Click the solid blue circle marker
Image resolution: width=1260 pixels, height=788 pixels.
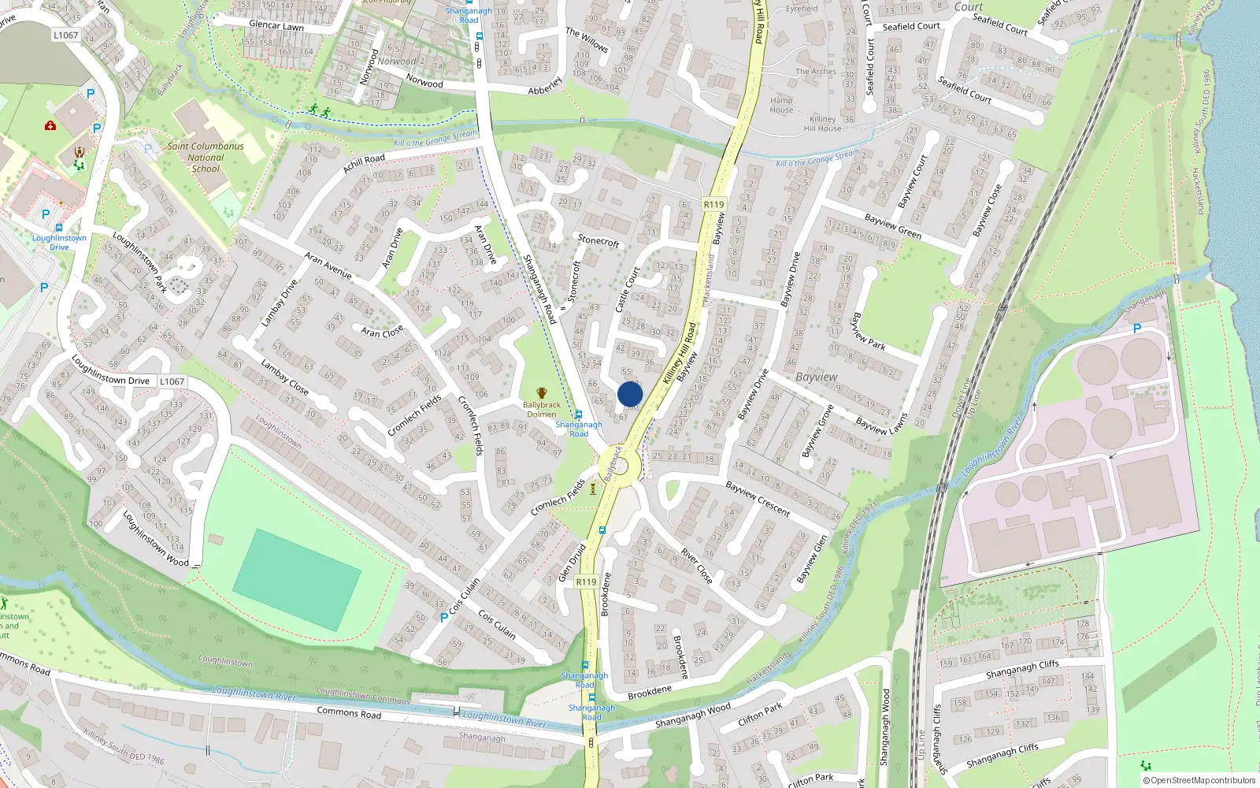click(630, 394)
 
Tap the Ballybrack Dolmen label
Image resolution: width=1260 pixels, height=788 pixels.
click(542, 409)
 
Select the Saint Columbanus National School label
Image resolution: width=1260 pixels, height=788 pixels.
click(206, 157)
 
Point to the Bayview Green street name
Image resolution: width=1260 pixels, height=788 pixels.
click(893, 226)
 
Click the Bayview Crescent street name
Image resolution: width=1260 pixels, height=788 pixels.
click(758, 499)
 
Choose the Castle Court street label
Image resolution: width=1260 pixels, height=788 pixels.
click(628, 289)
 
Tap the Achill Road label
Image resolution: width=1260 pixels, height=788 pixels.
click(364, 163)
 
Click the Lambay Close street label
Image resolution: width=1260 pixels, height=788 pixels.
click(284, 377)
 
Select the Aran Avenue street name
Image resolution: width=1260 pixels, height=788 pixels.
click(328, 266)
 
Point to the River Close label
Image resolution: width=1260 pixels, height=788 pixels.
click(697, 566)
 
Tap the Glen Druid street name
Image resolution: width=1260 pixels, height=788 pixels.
click(572, 563)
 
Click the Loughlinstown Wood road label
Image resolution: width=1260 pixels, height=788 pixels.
click(156, 538)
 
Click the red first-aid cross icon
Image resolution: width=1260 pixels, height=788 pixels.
click(50, 125)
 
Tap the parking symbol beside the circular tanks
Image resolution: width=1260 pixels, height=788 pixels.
click(1136, 329)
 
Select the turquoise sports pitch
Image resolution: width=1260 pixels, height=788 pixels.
click(298, 579)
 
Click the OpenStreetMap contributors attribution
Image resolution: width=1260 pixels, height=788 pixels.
click(1199, 780)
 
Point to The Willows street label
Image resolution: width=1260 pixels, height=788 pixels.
click(587, 39)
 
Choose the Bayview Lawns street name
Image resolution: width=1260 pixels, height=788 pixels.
click(881, 426)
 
